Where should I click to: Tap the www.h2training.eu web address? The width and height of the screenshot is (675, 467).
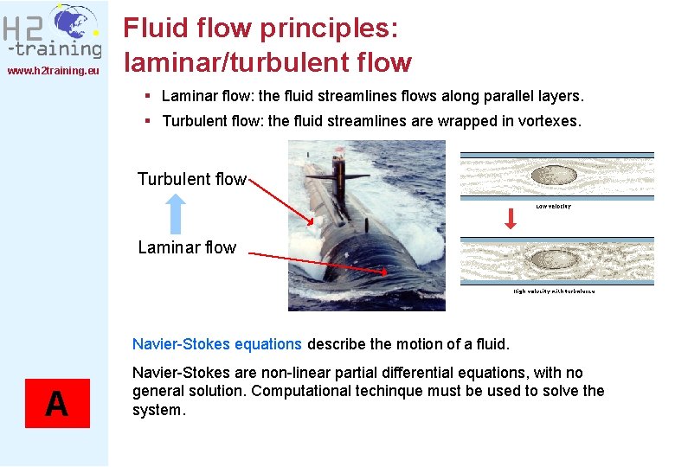pos(54,70)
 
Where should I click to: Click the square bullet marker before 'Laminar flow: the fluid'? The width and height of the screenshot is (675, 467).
pos(150,96)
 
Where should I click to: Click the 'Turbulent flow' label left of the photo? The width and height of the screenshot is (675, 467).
pos(191,179)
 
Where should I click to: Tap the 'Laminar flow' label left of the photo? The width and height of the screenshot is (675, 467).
pos(187,247)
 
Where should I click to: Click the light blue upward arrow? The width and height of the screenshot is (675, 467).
pos(176,214)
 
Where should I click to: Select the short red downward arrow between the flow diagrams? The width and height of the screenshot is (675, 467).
pos(511,219)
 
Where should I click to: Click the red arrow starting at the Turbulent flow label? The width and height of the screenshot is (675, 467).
pos(281,202)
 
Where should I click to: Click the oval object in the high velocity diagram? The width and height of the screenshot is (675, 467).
pos(553,259)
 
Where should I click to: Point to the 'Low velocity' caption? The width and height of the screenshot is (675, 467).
pos(554,207)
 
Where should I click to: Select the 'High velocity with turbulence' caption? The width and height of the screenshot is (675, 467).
pos(554,291)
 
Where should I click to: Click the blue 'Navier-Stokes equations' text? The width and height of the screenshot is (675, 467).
pos(216,344)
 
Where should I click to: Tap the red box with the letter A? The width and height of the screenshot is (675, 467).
pos(57,403)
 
